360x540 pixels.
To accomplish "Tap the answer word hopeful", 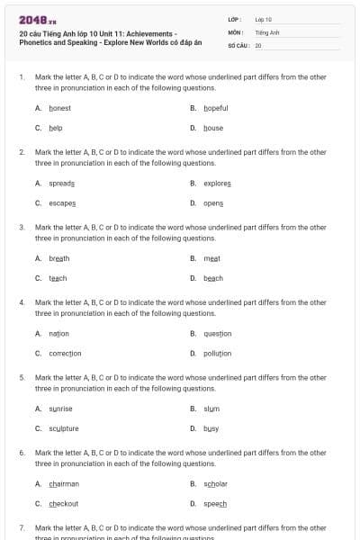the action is pos(216,108).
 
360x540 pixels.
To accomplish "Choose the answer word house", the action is pos(213,128).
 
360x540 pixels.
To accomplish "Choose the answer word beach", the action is pos(213,278).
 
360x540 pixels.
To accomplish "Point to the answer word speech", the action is pos(215,504).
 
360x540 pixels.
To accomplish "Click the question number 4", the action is pos(22,302).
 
